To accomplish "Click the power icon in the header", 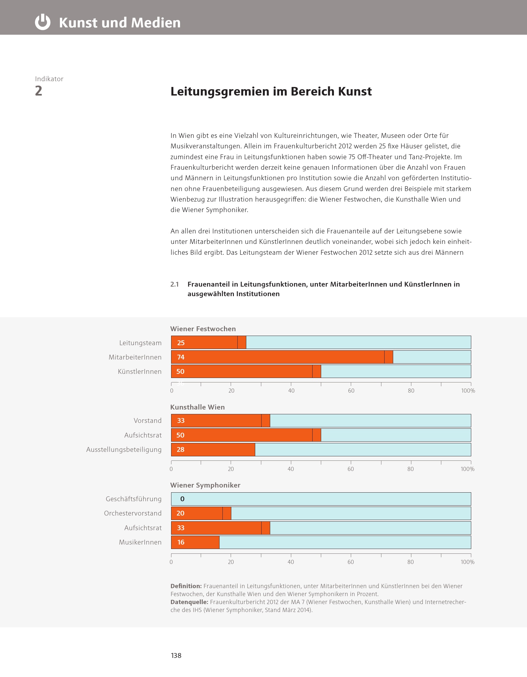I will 42,22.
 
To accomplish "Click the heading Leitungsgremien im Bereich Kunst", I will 271,91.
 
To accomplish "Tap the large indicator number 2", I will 39,91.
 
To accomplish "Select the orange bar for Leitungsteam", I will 208,343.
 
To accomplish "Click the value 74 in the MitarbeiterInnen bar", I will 181,357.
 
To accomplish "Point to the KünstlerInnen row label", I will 140,372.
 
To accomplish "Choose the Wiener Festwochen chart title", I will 203,329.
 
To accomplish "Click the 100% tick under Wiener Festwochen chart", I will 468,391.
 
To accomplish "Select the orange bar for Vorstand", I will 220,421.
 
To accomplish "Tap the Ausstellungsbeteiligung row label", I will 124,450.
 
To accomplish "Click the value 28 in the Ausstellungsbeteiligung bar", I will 180,450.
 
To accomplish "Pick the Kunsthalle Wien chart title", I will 197,407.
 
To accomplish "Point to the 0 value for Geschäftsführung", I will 182,499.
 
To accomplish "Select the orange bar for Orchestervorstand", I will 201,513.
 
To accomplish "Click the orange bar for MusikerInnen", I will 195,542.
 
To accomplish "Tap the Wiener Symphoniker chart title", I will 205,485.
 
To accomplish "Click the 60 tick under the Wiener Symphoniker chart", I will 350,562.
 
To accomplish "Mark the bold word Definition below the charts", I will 186,586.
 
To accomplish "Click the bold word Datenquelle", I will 189,602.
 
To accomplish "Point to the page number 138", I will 176,655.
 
